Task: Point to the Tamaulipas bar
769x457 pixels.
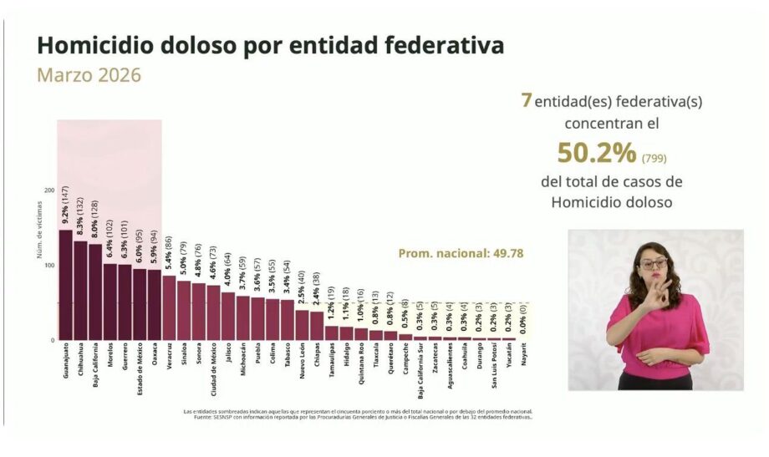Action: (x=332, y=333)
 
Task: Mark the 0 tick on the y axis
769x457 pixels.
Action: (x=53, y=341)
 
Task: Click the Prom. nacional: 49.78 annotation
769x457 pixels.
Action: (x=443, y=253)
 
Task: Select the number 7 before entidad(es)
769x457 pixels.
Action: (x=526, y=100)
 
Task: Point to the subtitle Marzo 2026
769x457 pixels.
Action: (x=89, y=75)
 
